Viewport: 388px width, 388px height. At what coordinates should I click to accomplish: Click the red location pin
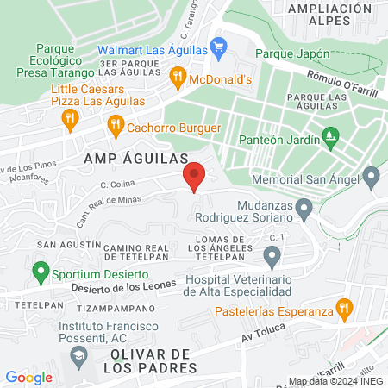[194, 176]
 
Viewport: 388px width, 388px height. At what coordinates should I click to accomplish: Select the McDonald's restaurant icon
[178, 78]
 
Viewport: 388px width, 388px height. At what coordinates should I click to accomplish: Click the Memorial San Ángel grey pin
[372, 179]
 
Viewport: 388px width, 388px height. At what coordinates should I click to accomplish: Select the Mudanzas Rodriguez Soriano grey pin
[304, 208]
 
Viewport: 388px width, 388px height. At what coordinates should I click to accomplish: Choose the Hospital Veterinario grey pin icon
[272, 256]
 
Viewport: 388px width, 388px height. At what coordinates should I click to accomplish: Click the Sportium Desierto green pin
[40, 274]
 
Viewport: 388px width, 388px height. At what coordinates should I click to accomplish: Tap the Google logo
[28, 377]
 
